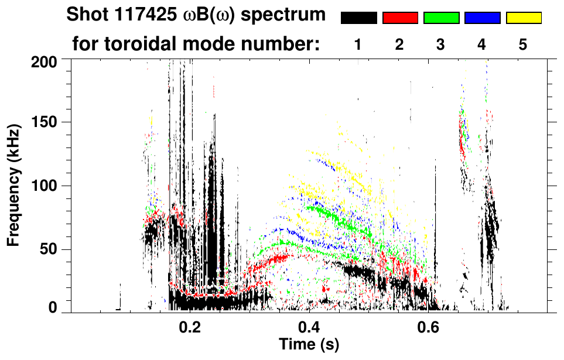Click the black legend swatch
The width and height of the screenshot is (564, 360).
pos(358,18)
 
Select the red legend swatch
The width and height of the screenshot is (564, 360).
pos(400,18)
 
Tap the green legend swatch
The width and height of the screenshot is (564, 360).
pos(441,18)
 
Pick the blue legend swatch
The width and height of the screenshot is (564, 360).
pos(482,18)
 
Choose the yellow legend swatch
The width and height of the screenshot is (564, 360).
pos(524,18)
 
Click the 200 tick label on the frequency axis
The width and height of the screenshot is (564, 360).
pos(46,61)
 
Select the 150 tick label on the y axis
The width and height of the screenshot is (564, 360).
pos(46,123)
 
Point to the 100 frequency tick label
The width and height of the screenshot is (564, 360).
pos(46,186)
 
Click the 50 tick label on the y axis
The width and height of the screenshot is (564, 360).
pos(49,250)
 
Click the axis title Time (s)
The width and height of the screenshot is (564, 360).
pos(309,345)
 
